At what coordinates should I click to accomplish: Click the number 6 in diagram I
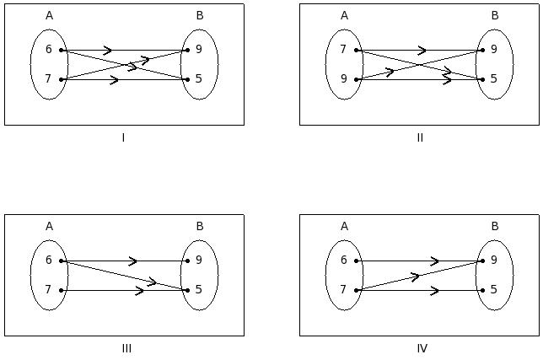tap(49, 50)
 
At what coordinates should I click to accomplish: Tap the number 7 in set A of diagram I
tap(49, 79)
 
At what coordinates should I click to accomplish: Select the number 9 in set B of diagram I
tap(199, 50)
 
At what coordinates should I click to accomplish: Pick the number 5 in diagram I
tap(199, 79)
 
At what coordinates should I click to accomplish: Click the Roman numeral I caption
tap(123, 137)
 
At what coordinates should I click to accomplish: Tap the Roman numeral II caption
tap(419, 137)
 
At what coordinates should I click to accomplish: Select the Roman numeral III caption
tap(126, 348)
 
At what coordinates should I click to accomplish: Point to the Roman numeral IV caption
tap(422, 348)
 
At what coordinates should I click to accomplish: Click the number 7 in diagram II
tap(343, 50)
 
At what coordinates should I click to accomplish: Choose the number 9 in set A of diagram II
tap(343, 79)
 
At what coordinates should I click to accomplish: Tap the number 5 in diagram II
tap(494, 79)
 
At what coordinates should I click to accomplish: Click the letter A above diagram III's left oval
tap(49, 226)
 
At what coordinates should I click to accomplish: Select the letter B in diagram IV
tap(494, 226)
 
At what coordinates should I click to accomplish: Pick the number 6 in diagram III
tap(49, 261)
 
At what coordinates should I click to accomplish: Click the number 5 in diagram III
tap(199, 290)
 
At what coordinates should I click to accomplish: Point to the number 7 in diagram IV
tap(343, 290)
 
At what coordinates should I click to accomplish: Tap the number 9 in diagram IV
tap(494, 261)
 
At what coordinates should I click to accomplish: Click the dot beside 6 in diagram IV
tap(357, 261)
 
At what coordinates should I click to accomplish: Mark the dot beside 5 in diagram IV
tap(482, 290)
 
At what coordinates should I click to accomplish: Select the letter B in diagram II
tap(494, 15)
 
